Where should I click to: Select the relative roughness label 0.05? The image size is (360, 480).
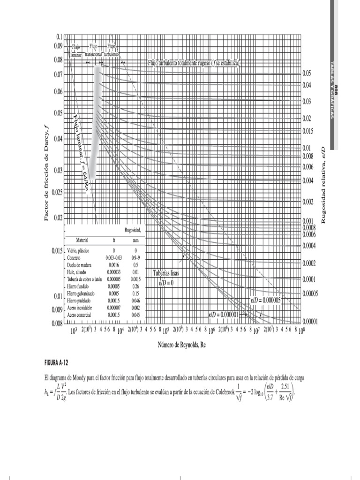coord(307,74)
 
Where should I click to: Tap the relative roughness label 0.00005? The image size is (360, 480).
coord(310,293)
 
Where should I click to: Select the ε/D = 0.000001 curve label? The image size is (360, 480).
coord(224,315)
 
